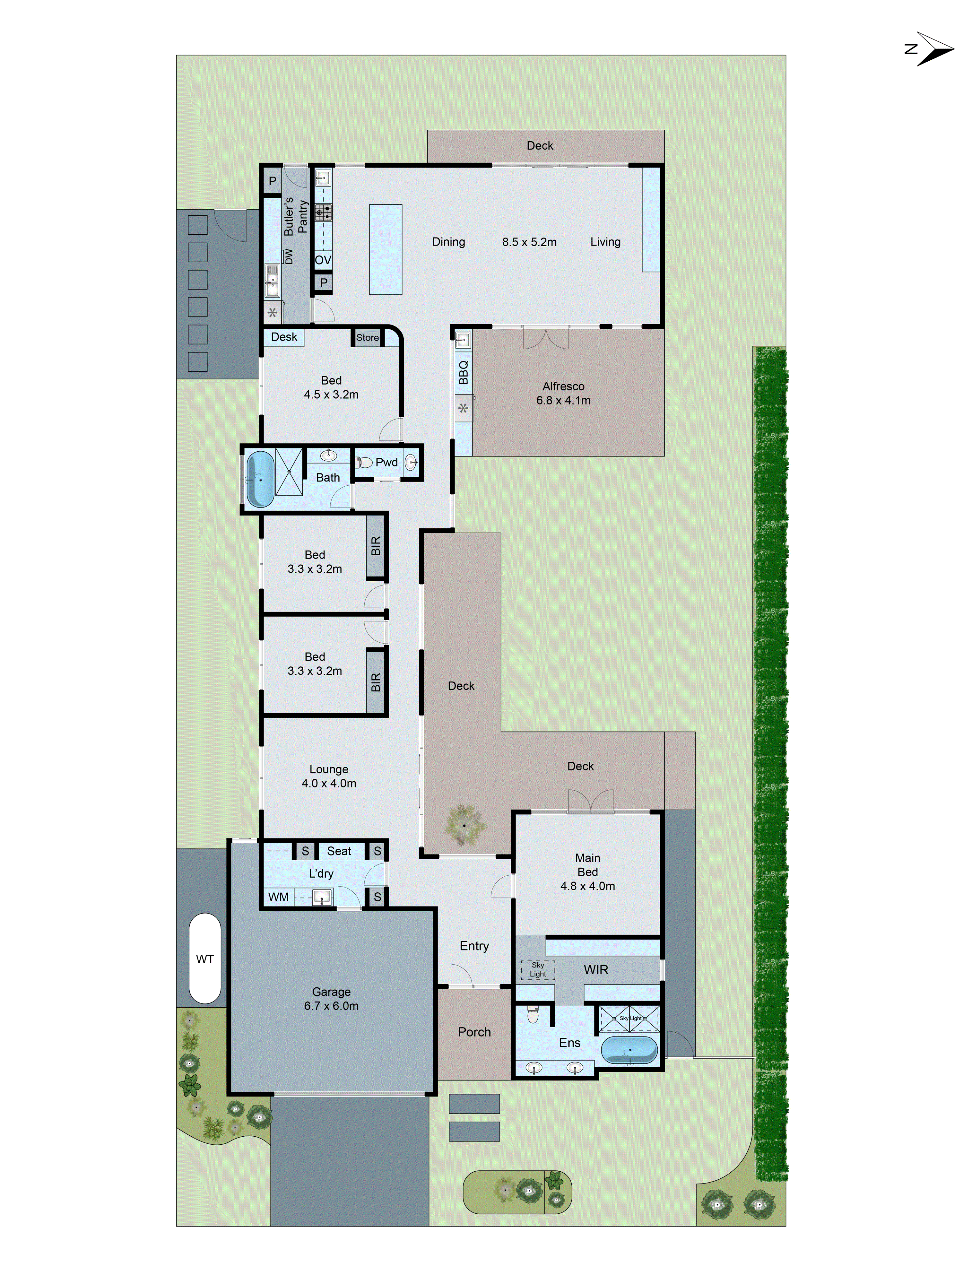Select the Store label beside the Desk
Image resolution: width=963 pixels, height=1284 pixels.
point(368,337)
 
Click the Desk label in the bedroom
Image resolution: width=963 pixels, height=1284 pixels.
point(284,337)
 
